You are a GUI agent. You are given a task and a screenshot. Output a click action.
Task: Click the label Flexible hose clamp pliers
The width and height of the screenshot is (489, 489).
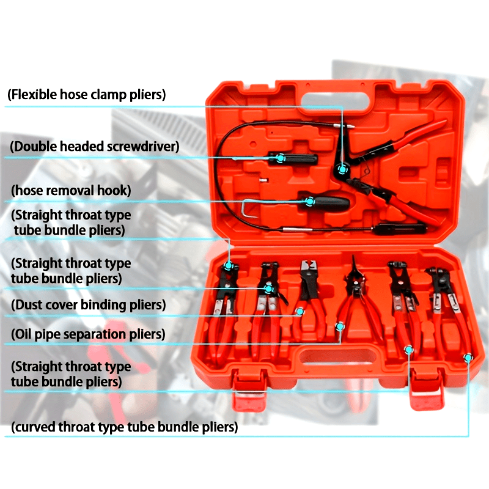click(86, 95)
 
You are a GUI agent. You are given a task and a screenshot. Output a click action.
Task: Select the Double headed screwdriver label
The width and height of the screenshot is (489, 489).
click(95, 146)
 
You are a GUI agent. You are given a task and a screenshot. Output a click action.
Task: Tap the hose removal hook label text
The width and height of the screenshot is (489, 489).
click(71, 190)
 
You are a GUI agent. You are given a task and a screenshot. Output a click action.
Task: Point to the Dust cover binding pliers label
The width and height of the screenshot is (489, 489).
click(88, 304)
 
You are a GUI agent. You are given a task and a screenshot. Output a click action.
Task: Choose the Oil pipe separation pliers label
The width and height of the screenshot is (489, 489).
click(88, 334)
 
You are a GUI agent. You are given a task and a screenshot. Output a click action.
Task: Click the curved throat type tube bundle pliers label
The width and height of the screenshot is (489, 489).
click(124, 427)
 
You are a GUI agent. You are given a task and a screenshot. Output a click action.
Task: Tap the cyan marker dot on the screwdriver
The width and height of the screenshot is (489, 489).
click(281, 158)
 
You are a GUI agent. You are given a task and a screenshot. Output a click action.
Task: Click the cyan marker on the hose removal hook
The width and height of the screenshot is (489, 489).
click(309, 202)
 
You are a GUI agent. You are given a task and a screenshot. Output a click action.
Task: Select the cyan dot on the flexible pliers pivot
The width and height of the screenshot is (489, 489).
click(342, 169)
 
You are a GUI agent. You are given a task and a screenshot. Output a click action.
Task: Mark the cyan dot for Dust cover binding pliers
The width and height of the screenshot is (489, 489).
click(300, 311)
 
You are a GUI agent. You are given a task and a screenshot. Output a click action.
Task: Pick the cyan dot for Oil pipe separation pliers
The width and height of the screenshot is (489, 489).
click(340, 326)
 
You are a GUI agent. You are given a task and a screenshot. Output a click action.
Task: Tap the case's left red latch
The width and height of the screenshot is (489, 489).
click(249, 390)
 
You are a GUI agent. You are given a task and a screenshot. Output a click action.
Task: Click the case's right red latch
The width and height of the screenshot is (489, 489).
click(426, 390)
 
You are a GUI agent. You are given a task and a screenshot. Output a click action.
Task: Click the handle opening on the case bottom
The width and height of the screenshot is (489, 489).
click(339, 356)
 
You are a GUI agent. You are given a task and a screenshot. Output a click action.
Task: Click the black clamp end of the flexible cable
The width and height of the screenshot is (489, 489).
click(400, 229)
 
